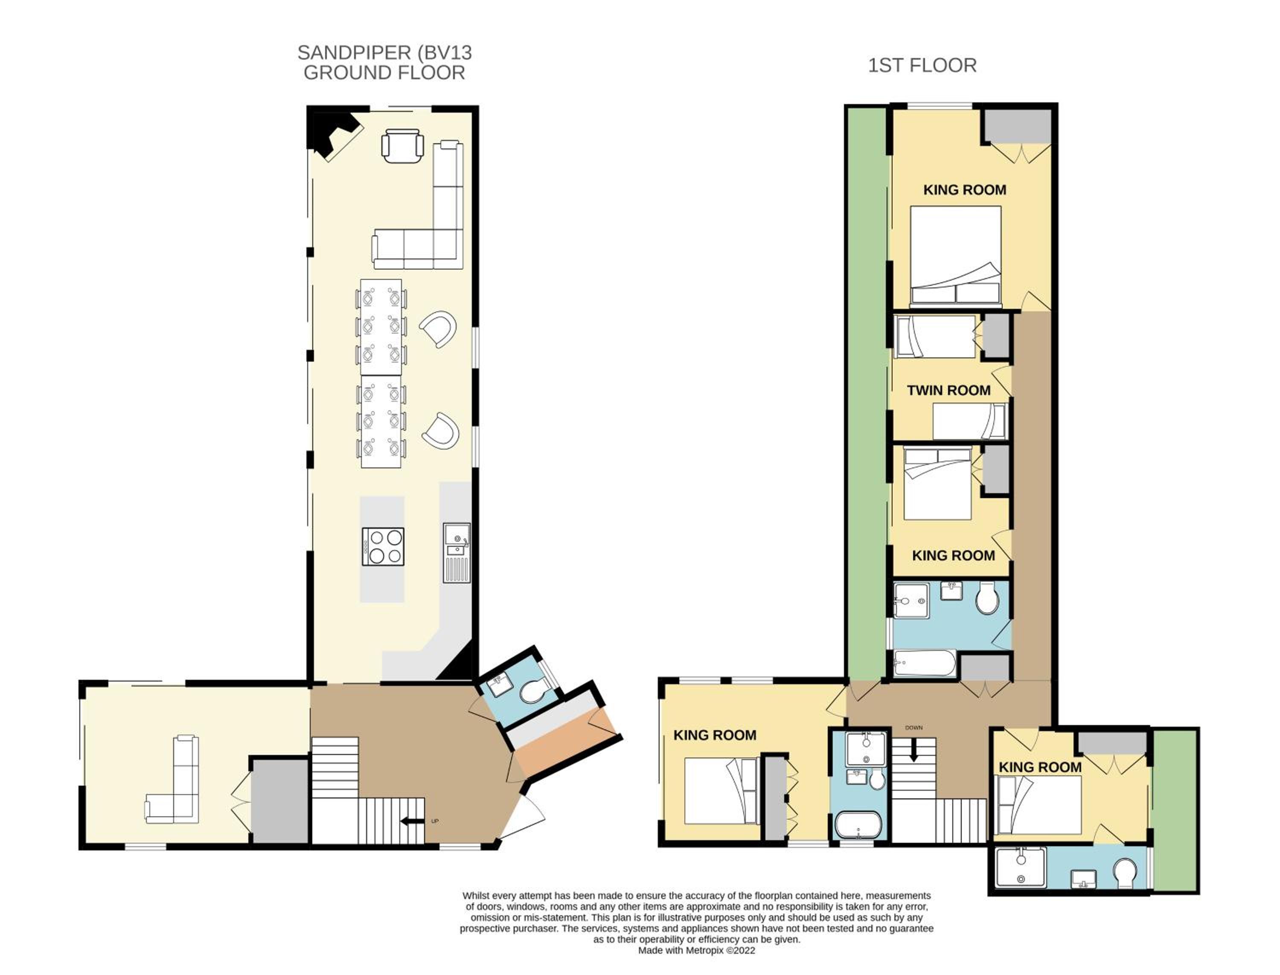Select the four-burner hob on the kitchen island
[383, 546]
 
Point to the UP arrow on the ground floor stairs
[412, 821]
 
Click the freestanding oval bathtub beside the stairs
[858, 824]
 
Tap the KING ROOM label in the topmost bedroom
[964, 190]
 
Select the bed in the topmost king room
[955, 256]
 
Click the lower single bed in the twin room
[969, 421]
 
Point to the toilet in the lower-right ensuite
[1126, 873]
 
